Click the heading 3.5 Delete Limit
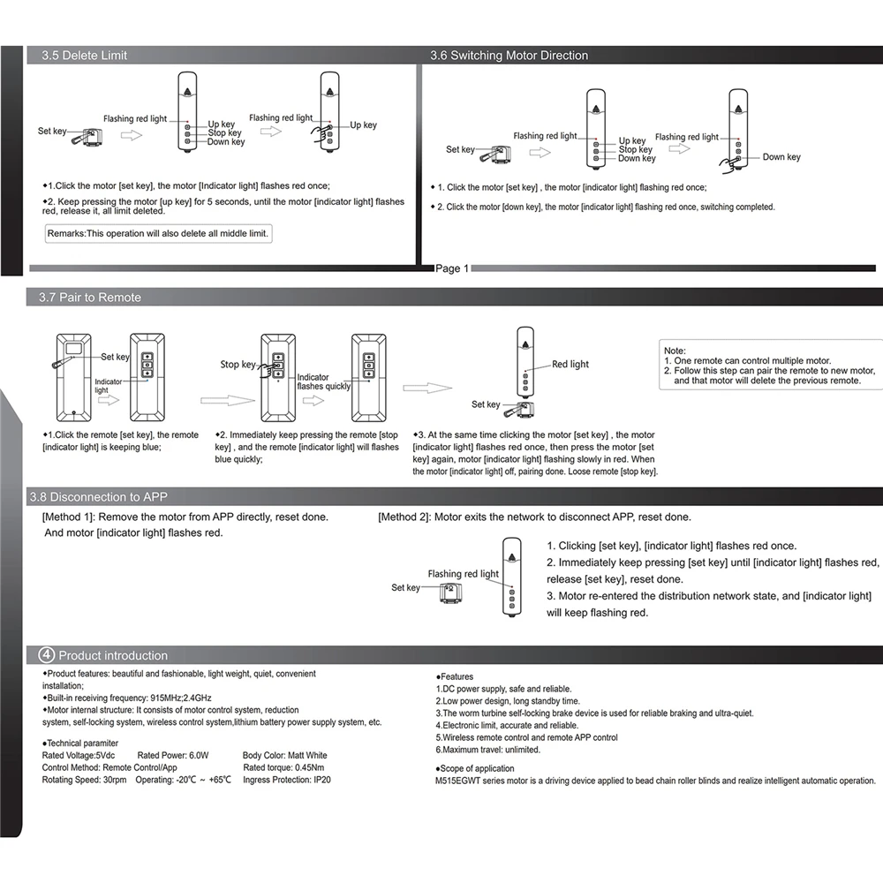click(85, 56)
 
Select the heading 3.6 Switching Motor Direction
click(509, 56)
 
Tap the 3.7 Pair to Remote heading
click(90, 298)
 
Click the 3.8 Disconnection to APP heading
click(98, 497)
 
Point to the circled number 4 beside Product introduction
click(47, 655)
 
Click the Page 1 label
click(453, 268)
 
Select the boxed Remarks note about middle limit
click(159, 234)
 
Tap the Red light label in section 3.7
click(570, 364)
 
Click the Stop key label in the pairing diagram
click(237, 365)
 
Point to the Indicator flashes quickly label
click(324, 381)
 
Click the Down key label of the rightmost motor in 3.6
click(781, 157)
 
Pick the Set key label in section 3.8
click(405, 587)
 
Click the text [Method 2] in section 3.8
click(404, 517)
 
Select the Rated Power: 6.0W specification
click(173, 756)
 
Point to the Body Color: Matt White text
click(284, 756)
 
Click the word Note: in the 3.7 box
click(675, 351)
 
